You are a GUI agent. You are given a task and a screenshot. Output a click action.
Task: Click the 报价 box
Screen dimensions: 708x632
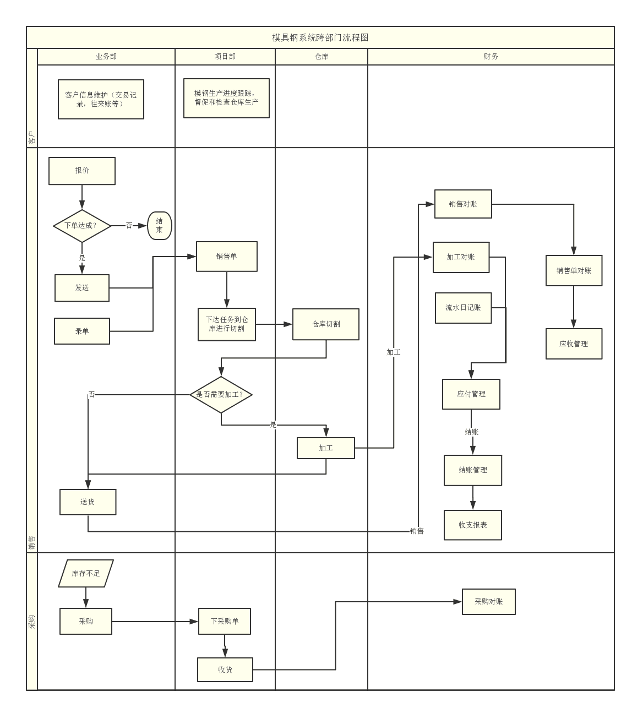[82, 171]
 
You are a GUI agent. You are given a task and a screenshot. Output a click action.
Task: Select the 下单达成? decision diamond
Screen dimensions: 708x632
[82, 226]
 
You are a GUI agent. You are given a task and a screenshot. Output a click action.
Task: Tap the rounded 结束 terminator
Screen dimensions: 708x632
[160, 226]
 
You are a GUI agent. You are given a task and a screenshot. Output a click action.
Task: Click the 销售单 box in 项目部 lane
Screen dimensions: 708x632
[227, 257]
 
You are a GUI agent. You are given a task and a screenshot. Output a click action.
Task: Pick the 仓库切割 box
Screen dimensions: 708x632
[326, 324]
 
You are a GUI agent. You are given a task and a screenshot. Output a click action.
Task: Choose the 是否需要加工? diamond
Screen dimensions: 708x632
[221, 395]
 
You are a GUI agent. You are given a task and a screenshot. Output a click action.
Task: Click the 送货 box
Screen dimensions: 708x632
[88, 502]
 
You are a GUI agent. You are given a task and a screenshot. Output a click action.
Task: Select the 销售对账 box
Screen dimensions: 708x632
[463, 204]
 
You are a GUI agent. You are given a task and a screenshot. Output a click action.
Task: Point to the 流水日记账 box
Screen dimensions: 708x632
[463, 308]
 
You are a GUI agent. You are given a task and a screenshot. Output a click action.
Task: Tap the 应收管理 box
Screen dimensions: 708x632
[574, 344]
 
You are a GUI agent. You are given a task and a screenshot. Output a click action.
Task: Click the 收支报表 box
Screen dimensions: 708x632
[473, 525]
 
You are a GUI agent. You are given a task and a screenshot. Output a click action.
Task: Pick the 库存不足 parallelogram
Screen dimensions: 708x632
[86, 574]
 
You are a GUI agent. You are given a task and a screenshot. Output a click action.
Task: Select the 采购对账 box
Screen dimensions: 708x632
[488, 602]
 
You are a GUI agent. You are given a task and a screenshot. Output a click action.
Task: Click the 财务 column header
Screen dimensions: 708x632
[491, 57]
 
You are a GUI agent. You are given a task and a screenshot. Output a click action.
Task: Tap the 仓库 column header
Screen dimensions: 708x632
[322, 57]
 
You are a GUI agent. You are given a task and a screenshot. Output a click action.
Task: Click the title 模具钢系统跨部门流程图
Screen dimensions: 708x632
[320, 37]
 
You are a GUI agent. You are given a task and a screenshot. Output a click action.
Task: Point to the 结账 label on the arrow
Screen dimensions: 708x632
[472, 432]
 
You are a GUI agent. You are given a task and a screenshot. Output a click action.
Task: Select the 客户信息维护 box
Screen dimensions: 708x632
[101, 99]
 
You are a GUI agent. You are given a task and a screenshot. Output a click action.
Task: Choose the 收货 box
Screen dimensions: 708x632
[225, 670]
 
